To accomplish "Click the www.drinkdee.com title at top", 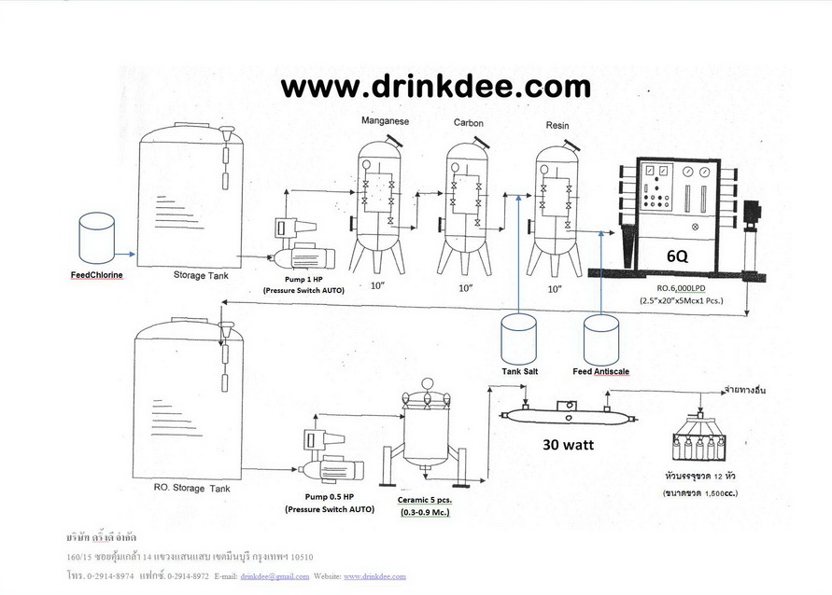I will click(436, 87).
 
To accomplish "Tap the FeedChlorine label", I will click(97, 275).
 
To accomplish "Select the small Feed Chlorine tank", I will click(97, 238).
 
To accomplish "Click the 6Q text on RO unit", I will click(679, 255).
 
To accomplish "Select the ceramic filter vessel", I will click(426, 429).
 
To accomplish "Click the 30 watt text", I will click(568, 445).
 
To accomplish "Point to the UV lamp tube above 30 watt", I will click(568, 412).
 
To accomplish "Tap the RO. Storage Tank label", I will click(191, 488).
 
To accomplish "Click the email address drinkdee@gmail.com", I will click(275, 576).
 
